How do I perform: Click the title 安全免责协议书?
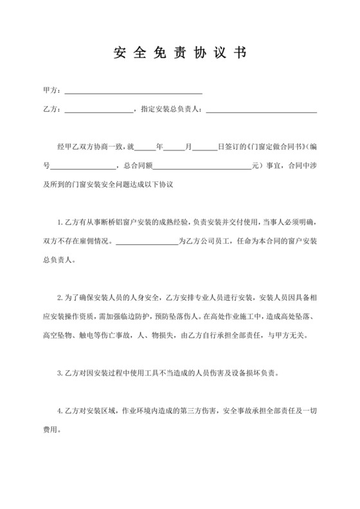click(179, 53)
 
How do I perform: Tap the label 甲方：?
click(52, 90)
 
